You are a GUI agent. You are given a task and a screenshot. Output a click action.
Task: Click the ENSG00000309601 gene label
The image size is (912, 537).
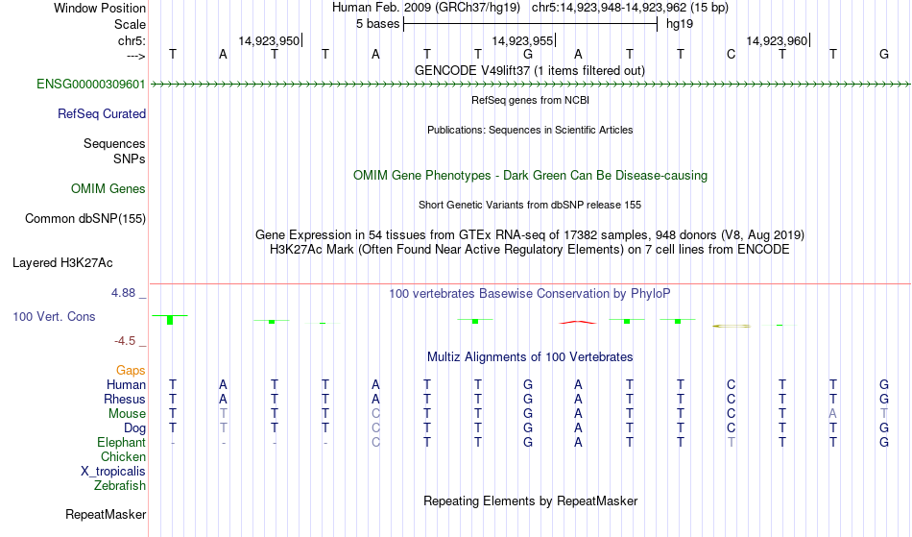tap(91, 85)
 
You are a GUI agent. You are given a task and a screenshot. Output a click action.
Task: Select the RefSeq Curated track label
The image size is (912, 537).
tap(102, 114)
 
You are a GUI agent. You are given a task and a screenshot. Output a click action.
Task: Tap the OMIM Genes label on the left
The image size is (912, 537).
tap(108, 189)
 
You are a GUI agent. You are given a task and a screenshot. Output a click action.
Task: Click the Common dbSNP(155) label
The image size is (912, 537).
tap(85, 219)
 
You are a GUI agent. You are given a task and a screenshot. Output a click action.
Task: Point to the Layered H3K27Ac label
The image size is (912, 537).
tap(62, 263)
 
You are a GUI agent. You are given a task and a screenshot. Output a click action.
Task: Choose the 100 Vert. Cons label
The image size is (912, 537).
tap(54, 316)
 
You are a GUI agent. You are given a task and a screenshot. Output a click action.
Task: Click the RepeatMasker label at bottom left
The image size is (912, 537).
tap(106, 514)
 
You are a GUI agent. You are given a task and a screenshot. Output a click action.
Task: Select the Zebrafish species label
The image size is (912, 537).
tap(120, 485)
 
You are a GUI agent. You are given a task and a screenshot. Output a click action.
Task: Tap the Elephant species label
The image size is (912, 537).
tap(121, 442)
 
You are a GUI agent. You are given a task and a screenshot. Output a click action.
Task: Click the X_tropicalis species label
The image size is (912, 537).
tap(113, 472)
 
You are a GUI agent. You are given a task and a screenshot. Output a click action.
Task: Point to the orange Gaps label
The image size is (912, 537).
tap(131, 371)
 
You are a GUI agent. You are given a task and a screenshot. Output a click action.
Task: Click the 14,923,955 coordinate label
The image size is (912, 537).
tap(522, 40)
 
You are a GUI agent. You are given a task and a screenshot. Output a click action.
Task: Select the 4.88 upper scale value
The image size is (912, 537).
tap(123, 293)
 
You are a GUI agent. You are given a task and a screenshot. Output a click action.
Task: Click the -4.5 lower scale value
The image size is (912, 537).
tap(125, 340)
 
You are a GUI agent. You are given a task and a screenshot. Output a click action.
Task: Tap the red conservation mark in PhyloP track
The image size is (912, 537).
tap(578, 322)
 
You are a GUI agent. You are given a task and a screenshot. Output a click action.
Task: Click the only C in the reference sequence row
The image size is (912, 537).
tap(732, 55)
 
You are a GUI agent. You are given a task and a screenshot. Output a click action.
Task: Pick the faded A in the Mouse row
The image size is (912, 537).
tap(833, 414)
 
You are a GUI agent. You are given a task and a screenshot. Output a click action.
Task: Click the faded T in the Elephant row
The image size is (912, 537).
tap(732, 442)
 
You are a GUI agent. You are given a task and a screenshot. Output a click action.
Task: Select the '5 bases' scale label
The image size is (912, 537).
tap(378, 24)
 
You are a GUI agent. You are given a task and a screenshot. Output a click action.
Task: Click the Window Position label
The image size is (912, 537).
tap(100, 8)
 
